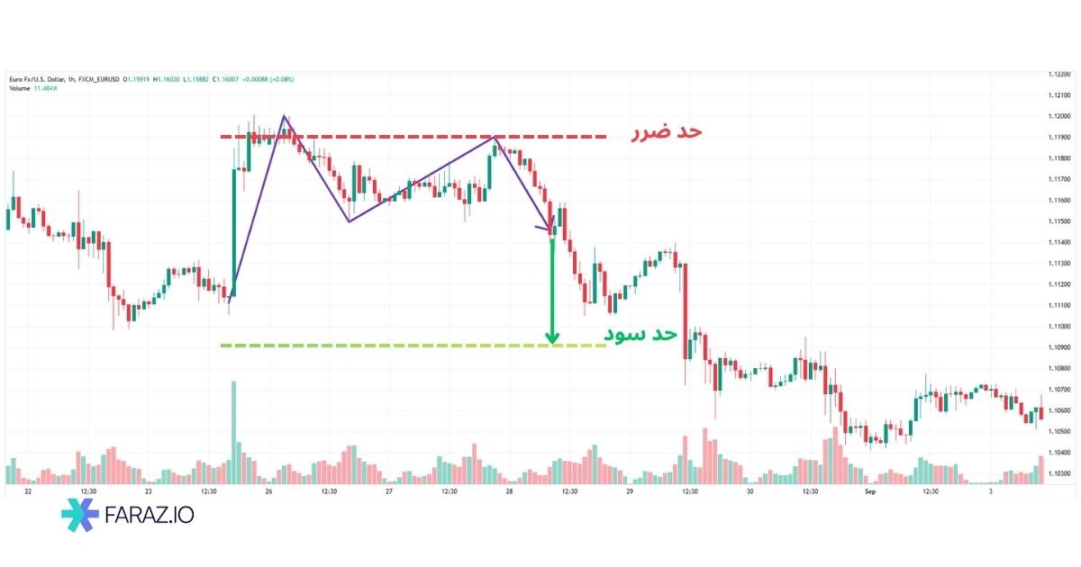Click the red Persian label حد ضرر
(x=664, y=132)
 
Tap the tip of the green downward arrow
(x=552, y=343)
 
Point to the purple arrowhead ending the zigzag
(x=551, y=231)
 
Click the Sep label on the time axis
(x=870, y=492)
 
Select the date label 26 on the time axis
(x=268, y=492)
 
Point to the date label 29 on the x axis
(x=630, y=492)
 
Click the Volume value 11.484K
(x=46, y=88)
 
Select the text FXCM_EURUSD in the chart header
(x=98, y=79)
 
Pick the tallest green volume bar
(x=234, y=432)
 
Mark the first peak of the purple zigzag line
(x=284, y=116)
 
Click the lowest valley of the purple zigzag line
(x=349, y=221)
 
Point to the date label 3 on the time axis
(x=991, y=492)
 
